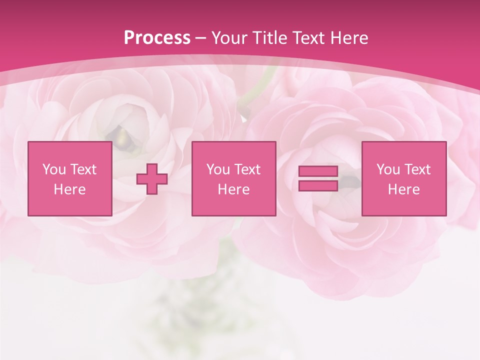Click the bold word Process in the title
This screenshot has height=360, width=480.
pyautogui.click(x=157, y=38)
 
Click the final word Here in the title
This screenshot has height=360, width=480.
pyautogui.click(x=350, y=38)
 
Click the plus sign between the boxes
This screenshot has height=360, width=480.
pyautogui.click(x=152, y=179)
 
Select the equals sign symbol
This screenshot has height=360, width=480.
pyautogui.click(x=318, y=178)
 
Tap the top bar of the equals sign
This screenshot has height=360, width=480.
pyautogui.click(x=318, y=171)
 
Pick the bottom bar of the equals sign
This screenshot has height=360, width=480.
pyautogui.click(x=318, y=185)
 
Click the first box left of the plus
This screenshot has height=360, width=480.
pyautogui.click(x=69, y=178)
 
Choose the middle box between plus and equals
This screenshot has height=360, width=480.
pyautogui.click(x=233, y=178)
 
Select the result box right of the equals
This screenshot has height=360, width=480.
pyautogui.click(x=404, y=178)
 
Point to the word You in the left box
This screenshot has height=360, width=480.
pyautogui.click(x=54, y=169)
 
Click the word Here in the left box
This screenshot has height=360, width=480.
pyautogui.click(x=69, y=189)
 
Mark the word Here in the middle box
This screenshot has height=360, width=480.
pyautogui.click(x=233, y=189)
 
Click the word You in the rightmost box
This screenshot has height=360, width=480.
pyautogui.click(x=388, y=169)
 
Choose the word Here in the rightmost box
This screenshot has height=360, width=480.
pyautogui.click(x=404, y=189)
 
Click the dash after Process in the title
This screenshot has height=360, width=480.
pyautogui.click(x=201, y=38)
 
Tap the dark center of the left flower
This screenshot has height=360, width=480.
pyautogui.click(x=120, y=135)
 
